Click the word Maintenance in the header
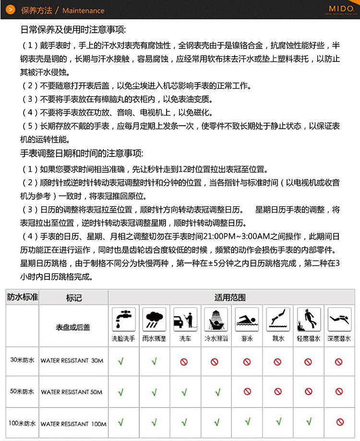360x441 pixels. pos(83,10)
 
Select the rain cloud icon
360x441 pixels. pos(154,319)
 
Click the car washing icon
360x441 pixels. pos(185,319)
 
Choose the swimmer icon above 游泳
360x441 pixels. pos(247,319)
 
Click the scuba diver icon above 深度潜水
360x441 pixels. pos(339,319)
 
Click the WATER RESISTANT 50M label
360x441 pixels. pos(72,392)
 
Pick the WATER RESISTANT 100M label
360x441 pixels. pos(73,424)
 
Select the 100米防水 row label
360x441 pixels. pos(22,423)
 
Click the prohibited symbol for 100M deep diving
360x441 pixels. pos(340,423)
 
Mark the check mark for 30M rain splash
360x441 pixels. pos(154,361)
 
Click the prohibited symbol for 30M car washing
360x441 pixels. pos(184,362)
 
